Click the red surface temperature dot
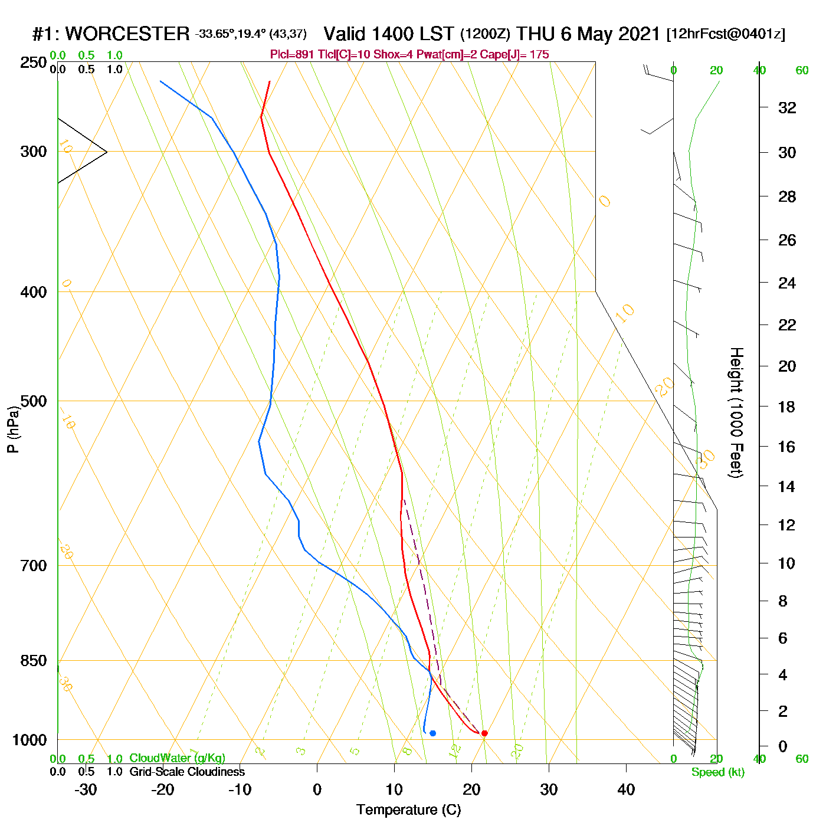pyautogui.click(x=484, y=733)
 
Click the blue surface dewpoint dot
pyautogui.click(x=432, y=733)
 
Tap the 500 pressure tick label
pyautogui.click(x=34, y=401)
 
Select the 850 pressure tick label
pyautogui.click(x=34, y=661)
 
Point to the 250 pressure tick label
pyautogui.click(x=34, y=63)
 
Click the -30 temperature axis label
pyautogui.click(x=86, y=789)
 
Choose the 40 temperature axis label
pyautogui.click(x=626, y=789)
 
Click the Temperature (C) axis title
pyautogui.click(x=408, y=810)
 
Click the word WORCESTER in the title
pyautogui.click(x=127, y=34)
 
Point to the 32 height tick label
pyautogui.click(x=787, y=107)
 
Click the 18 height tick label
pyautogui.click(x=787, y=407)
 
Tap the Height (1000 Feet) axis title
pyautogui.click(x=736, y=412)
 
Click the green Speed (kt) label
pyautogui.click(x=718, y=772)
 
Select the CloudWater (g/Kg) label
pyautogui.click(x=177, y=758)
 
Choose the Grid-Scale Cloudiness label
pyautogui.click(x=187, y=772)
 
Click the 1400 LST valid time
pyautogui.click(x=389, y=34)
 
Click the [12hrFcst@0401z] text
pyautogui.click(x=726, y=34)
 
